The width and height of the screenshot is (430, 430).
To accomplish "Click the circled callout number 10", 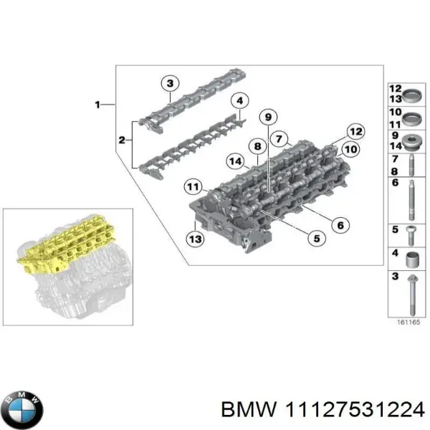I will point(350,150).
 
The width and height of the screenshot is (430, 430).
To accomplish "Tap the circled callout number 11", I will point(192,188).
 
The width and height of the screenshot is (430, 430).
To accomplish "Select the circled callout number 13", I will point(193,238).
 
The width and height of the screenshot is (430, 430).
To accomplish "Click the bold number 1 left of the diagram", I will point(97,105).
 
